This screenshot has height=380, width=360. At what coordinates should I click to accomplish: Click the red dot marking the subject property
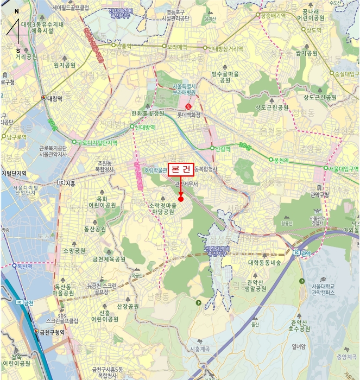[181, 199]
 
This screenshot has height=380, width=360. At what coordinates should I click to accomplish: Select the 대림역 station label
[55, 98]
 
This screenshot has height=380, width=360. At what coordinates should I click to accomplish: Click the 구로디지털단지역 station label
[97, 143]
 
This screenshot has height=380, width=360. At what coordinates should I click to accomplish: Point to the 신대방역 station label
[145, 127]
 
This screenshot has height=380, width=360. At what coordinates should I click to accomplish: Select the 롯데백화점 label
[189, 115]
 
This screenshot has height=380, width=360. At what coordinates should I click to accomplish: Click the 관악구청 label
[320, 194]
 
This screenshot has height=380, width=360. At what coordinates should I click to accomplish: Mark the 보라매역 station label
[176, 47]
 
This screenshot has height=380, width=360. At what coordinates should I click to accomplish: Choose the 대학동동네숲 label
[264, 262]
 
